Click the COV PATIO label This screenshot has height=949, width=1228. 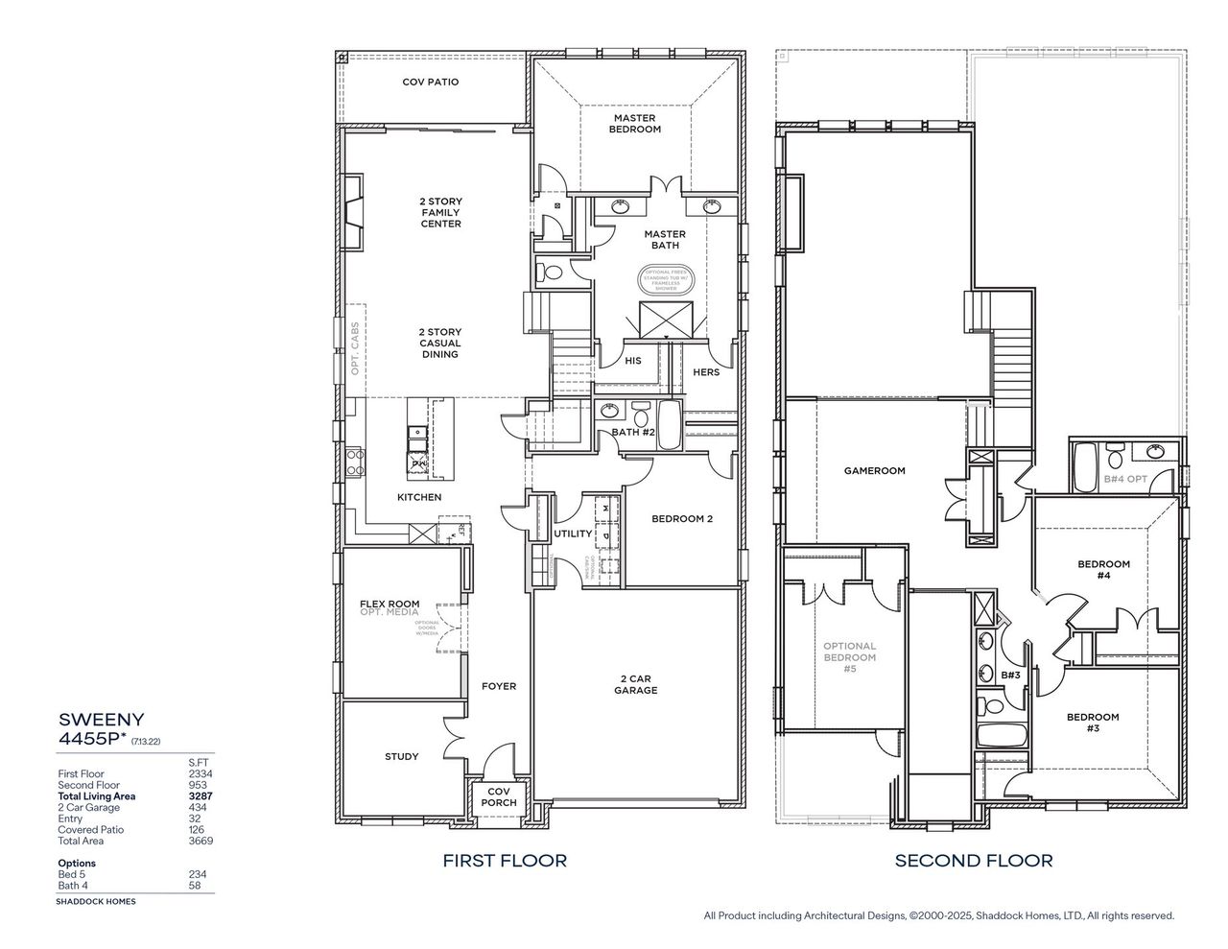pos(430,83)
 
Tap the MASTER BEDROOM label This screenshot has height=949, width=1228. pos(634,124)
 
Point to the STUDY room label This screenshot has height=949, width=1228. pos(401,756)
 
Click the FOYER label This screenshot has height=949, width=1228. pos(498,686)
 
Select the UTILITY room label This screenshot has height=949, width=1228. pos(572,534)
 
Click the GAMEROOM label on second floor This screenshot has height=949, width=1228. pos(874,471)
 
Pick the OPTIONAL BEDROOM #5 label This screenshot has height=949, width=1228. pos(849,657)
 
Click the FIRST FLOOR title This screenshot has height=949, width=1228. pos(504,861)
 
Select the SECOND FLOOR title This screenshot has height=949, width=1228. pos(973,861)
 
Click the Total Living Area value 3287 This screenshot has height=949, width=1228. pos(200,796)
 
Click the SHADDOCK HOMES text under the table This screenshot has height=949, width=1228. pos(96,902)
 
